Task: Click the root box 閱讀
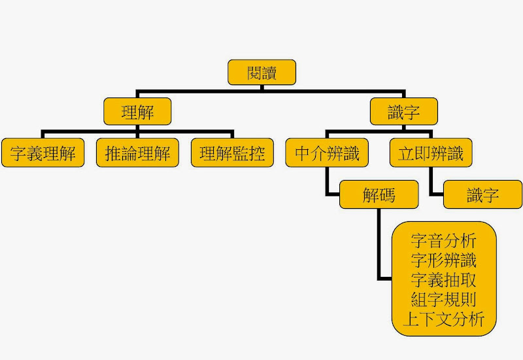tap(261, 72)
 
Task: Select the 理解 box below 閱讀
tap(137, 112)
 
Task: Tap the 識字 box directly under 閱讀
tap(403, 112)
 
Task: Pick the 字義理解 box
tap(43, 154)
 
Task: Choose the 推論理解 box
tap(137, 154)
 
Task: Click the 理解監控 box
tap(232, 154)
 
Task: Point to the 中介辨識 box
tap(327, 154)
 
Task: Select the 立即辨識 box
tap(431, 154)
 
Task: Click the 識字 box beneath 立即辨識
tap(482, 194)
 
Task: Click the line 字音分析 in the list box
tap(444, 240)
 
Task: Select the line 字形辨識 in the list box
tap(444, 260)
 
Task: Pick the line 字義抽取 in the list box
tap(444, 280)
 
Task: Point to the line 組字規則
tap(444, 300)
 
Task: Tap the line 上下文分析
tap(444, 319)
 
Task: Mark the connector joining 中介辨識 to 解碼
tap(327, 183)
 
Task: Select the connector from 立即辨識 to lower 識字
tap(431, 183)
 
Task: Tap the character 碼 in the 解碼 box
tap(387, 194)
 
